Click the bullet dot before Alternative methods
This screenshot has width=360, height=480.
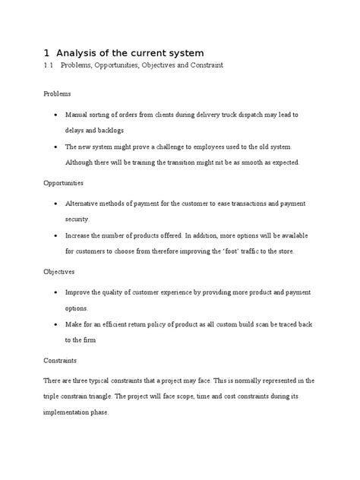coord(58,204)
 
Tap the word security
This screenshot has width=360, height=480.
coord(82,219)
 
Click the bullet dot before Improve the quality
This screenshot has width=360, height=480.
coord(58,292)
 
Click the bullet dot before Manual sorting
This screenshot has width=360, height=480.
coord(58,114)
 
